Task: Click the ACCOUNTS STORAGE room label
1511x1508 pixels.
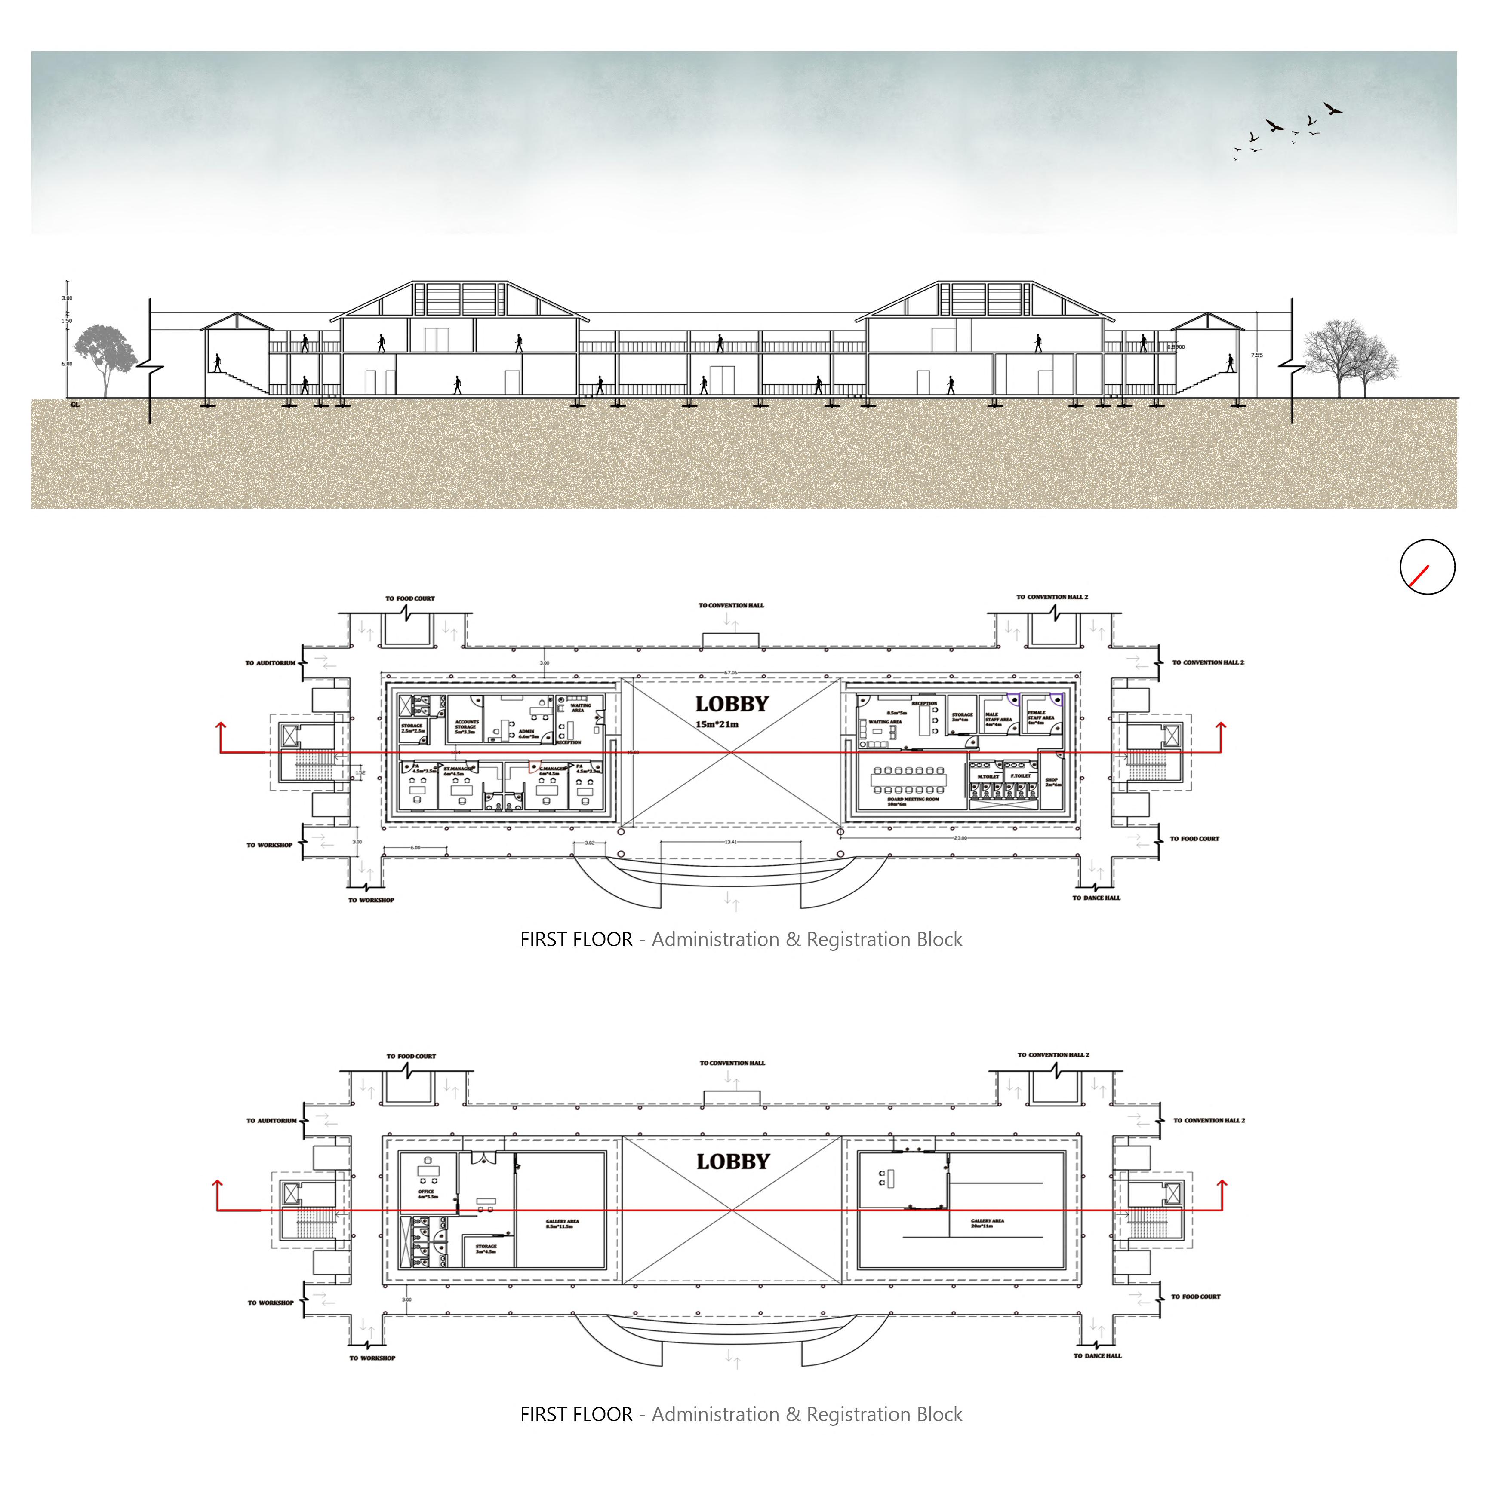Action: pyautogui.click(x=467, y=726)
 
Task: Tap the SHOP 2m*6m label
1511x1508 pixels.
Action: pyautogui.click(x=1052, y=782)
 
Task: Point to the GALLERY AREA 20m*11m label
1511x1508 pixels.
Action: pyautogui.click(x=987, y=1223)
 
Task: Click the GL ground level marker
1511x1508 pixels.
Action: pyautogui.click(x=75, y=404)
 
